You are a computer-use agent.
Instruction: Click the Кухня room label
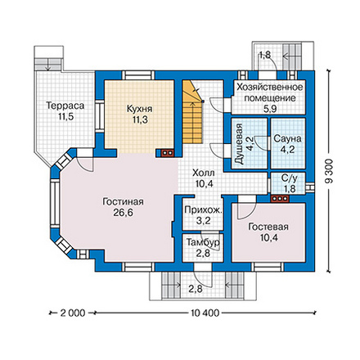pos(139,109)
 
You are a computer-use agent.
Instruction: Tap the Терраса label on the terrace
pos(65,106)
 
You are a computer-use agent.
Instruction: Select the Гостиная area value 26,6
pos(123,213)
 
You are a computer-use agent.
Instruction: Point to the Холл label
pos(204,173)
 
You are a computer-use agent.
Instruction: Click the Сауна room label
pos(287,139)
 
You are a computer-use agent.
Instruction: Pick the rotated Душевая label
pos(238,144)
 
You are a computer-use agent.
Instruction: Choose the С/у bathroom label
pos(290,178)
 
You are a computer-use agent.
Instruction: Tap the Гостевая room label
pos(268,227)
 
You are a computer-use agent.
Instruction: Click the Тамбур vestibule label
pos(203,242)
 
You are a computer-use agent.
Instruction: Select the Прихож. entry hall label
pos(204,210)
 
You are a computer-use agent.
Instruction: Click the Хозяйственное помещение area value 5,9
pos(270,109)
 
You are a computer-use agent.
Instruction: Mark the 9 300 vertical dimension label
pos(330,171)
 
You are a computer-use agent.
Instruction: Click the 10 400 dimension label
pos(205,313)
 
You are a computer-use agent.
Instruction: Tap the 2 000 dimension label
pos(73,313)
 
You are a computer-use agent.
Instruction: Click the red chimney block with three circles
pos(280,199)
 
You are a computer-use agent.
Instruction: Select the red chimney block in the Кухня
pos(168,153)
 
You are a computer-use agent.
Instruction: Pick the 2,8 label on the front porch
pos(196,289)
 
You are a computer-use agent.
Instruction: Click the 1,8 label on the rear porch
pos(265,55)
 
